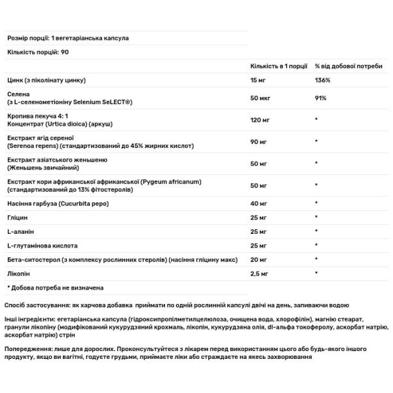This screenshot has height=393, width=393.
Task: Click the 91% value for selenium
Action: pyautogui.click(x=321, y=99)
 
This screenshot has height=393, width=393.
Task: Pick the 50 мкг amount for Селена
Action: pyautogui.click(x=260, y=99)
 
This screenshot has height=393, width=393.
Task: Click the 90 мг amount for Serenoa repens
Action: pyautogui.click(x=259, y=141)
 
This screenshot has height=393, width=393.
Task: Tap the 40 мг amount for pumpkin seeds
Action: pyautogui.click(x=259, y=204)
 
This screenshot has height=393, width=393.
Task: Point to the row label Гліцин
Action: pyautogui.click(x=18, y=217)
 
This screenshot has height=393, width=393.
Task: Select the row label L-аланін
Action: pyautogui.click(x=21, y=231)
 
